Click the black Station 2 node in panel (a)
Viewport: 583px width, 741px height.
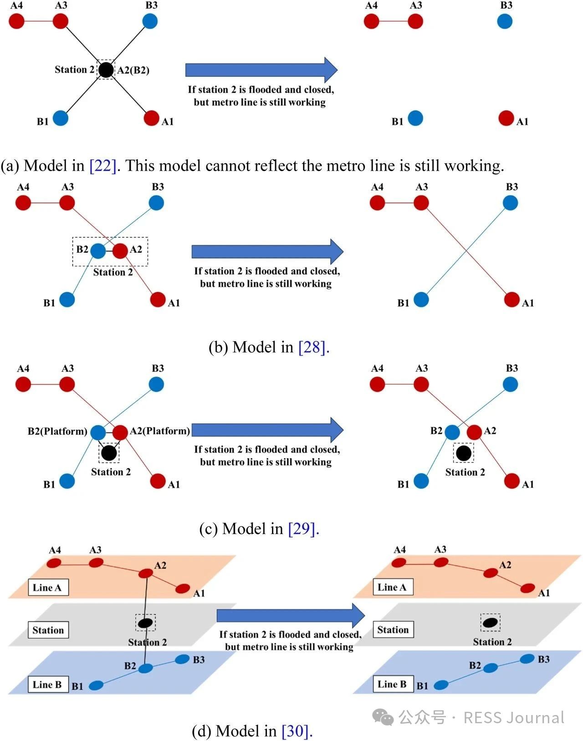point(106,70)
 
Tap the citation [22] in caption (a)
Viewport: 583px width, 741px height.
point(103,166)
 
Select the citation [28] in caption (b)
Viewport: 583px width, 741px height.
point(312,347)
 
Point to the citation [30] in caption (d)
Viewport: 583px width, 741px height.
point(296,731)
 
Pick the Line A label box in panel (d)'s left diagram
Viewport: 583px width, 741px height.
point(48,587)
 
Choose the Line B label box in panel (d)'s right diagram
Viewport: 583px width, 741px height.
point(392,684)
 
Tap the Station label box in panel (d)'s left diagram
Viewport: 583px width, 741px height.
point(48,630)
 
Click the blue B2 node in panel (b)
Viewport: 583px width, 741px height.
point(98,251)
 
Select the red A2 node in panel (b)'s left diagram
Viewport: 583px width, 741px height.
point(120,251)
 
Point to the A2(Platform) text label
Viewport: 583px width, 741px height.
point(160,431)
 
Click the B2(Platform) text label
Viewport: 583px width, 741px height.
point(57,431)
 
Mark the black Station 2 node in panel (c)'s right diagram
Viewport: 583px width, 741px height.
point(463,453)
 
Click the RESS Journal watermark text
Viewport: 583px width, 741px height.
point(514,718)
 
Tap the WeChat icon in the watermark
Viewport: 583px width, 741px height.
point(383,718)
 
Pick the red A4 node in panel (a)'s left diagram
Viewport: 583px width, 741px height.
point(16,21)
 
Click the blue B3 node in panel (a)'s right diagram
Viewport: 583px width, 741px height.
point(505,21)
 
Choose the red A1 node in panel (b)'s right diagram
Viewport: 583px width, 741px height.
point(511,300)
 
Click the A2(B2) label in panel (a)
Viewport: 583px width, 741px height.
point(133,70)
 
